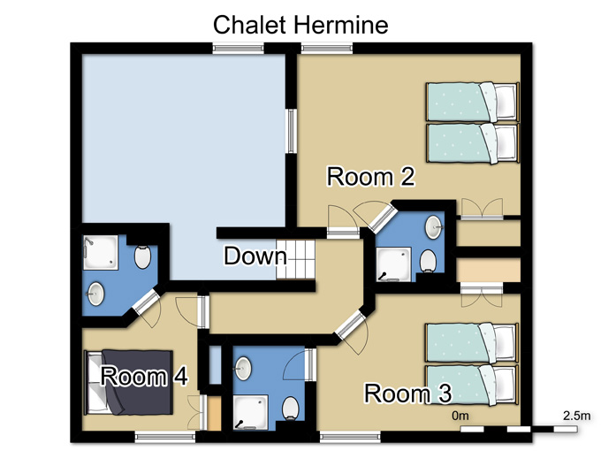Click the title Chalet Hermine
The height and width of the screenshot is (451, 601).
point(300,25)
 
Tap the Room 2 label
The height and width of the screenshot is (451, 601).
point(370,177)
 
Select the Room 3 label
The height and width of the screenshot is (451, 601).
point(407,394)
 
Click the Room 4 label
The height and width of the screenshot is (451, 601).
point(144,376)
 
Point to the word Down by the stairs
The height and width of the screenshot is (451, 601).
point(255,256)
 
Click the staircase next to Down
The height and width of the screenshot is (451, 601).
point(295,260)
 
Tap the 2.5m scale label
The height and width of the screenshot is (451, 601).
point(576,416)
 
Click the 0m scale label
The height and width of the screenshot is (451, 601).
point(460,416)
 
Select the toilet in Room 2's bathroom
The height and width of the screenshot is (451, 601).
point(428,261)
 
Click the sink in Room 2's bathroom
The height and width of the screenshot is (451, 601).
point(434,227)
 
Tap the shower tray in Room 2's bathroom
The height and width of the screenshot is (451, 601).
point(393,264)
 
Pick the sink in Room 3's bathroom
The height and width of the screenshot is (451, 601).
point(243,368)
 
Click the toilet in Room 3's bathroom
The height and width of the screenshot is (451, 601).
point(291,408)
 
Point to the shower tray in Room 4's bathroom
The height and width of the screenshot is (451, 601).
point(101,252)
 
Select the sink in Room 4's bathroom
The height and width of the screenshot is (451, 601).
point(95,294)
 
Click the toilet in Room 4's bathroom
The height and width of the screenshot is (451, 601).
point(142,257)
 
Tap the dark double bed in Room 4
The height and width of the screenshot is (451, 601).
point(128,382)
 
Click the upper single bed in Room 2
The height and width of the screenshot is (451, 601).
point(473,102)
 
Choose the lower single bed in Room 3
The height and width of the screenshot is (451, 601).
point(472,385)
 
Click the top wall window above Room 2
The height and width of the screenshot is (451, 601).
point(326,48)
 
